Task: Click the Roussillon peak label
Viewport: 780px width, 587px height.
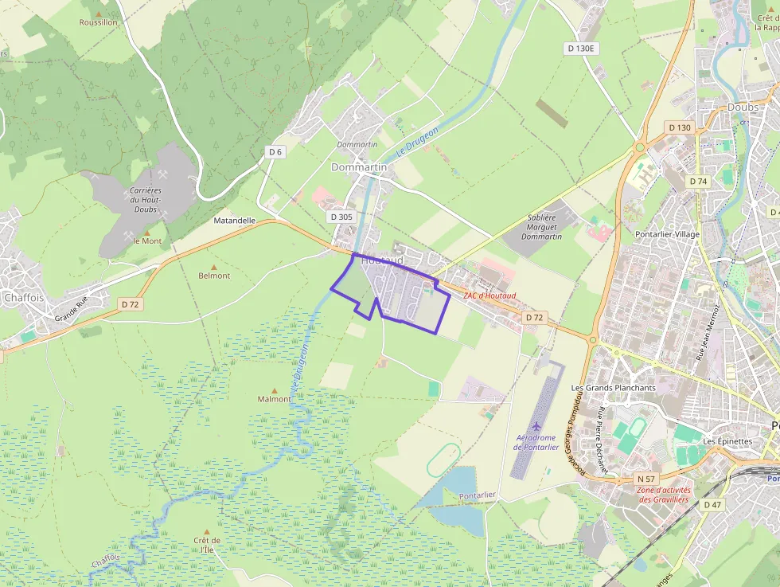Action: click(x=98, y=22)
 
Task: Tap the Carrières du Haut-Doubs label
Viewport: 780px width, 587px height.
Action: click(x=146, y=201)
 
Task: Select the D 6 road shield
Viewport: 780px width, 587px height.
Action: click(x=275, y=152)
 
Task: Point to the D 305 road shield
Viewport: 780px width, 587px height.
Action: click(x=340, y=217)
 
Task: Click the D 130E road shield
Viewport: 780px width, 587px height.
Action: click(x=581, y=49)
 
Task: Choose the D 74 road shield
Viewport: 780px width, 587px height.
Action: click(x=698, y=182)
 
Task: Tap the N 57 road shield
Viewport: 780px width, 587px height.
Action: click(x=645, y=479)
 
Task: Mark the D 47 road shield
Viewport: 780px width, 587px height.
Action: click(x=712, y=505)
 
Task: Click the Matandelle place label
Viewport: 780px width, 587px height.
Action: click(x=235, y=221)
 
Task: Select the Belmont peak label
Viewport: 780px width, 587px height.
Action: click(x=214, y=276)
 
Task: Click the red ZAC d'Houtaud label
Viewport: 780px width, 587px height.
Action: click(x=489, y=296)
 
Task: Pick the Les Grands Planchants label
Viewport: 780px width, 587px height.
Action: click(x=613, y=388)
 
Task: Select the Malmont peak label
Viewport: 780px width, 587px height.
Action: click(x=274, y=399)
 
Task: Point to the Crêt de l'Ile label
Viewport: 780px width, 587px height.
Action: click(x=207, y=545)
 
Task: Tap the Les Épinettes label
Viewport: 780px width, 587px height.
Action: click(x=727, y=441)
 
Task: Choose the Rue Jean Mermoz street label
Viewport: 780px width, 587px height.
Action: click(x=708, y=333)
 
